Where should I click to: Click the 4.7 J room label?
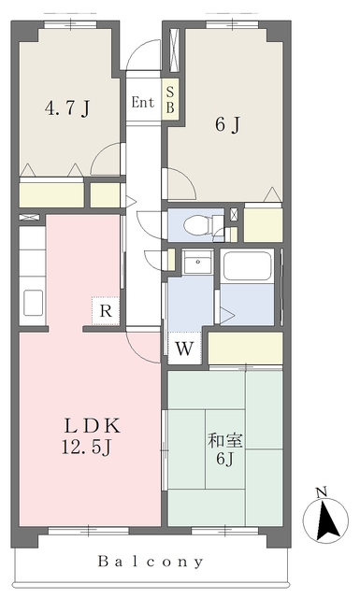(67, 108)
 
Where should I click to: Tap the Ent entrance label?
(142, 102)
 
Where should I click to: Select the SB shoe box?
(170, 100)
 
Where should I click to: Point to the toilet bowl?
(197, 225)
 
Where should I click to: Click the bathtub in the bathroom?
(248, 265)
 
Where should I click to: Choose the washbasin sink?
(197, 262)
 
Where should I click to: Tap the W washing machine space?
(184, 348)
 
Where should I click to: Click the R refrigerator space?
(106, 311)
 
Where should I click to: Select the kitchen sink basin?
(34, 303)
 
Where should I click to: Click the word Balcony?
(151, 562)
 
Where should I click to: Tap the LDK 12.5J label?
(92, 435)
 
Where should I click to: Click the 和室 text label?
(224, 441)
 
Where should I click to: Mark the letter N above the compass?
(323, 492)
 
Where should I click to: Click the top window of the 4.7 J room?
(70, 24)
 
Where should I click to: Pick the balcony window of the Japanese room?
(224, 531)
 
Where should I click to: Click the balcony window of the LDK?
(89, 531)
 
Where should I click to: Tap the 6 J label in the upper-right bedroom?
(227, 124)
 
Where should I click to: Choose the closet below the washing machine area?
(245, 348)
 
